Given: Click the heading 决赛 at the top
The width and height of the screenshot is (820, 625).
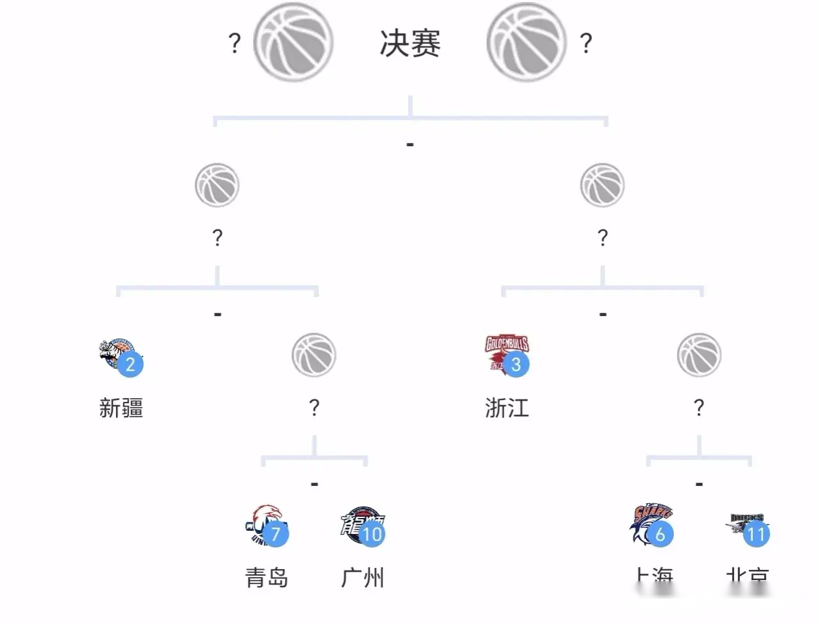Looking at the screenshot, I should (x=410, y=44).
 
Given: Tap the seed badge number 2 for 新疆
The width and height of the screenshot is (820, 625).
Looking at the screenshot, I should (x=131, y=365).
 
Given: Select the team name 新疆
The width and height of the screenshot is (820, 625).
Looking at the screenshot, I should (x=121, y=408).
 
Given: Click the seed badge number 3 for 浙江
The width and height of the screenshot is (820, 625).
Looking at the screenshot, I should (x=516, y=365).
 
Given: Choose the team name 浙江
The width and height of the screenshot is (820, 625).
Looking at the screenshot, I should (x=507, y=408).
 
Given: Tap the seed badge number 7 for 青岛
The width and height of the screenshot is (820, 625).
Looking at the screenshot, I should (x=275, y=534).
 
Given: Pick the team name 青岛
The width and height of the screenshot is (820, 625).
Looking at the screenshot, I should (x=266, y=578).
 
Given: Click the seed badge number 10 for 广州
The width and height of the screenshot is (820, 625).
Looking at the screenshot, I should (x=372, y=534).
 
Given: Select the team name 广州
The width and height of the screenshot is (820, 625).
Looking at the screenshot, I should (x=363, y=578).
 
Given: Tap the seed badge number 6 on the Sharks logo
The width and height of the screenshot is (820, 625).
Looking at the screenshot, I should (x=660, y=534).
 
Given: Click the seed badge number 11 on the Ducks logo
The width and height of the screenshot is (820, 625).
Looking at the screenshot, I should (x=757, y=534).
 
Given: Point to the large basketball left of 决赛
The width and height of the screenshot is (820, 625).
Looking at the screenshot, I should (x=293, y=42).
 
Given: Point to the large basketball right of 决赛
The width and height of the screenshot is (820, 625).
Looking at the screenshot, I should (x=527, y=42).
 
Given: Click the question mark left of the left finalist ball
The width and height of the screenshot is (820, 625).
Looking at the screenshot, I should (x=234, y=44).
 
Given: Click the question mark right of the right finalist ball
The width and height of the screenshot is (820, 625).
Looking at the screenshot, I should (x=586, y=44).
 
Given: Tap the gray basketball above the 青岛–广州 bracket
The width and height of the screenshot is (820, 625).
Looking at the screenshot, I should (x=314, y=354).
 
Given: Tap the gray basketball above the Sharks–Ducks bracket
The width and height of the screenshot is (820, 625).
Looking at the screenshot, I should (x=699, y=354).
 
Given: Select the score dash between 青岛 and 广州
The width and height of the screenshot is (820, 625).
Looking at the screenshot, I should (x=314, y=484).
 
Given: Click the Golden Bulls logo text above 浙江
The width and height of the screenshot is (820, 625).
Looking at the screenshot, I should (x=506, y=344).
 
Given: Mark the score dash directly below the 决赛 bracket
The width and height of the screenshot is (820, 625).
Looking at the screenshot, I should (x=410, y=145).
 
